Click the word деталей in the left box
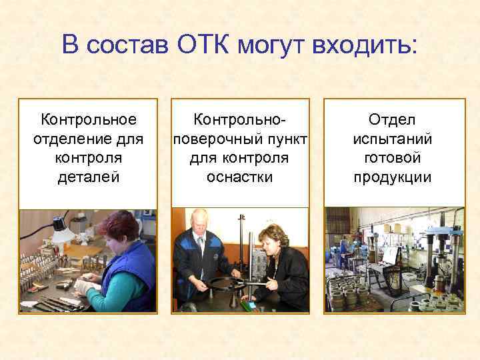pyautogui.click(x=89, y=177)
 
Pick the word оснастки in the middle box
pyautogui.click(x=239, y=177)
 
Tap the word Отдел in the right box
pyautogui.click(x=393, y=119)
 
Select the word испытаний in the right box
pyautogui.click(x=393, y=139)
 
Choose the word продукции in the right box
pyautogui.click(x=393, y=177)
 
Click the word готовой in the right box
pyautogui.click(x=393, y=158)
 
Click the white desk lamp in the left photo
pyautogui.click(x=63, y=230)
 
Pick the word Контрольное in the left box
pyautogui.click(x=89, y=119)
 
